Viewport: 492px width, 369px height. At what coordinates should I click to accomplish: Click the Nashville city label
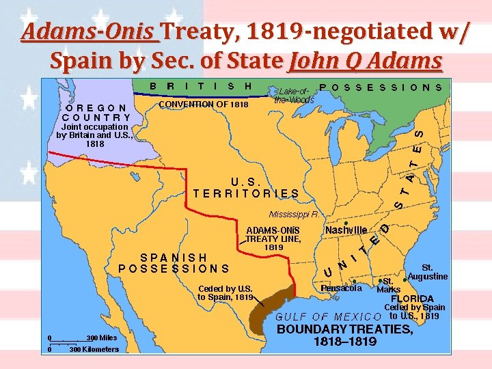pyautogui.click(x=346, y=230)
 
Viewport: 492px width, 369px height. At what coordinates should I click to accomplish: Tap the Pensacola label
pyautogui.click(x=341, y=288)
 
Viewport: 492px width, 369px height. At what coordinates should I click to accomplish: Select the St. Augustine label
pyautogui.click(x=427, y=272)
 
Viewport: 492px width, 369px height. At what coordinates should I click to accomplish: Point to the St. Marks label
pyautogui.click(x=389, y=285)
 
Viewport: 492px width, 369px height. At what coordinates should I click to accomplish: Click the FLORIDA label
pyautogui.click(x=412, y=299)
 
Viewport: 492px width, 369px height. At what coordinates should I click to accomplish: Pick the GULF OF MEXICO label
pyautogui.click(x=327, y=316)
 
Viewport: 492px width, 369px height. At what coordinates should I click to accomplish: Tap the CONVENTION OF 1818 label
pyautogui.click(x=203, y=105)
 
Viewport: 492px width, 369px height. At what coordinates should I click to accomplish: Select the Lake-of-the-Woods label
pyautogui.click(x=294, y=95)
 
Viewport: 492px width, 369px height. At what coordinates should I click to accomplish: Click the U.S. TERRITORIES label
pyautogui.click(x=246, y=188)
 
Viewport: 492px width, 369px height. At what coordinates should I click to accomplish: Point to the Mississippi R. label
pyautogui.click(x=295, y=214)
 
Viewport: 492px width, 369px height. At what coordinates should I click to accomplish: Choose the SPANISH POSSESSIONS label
pyautogui.click(x=174, y=263)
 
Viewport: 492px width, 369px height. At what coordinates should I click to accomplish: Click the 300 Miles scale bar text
pyautogui.click(x=93, y=338)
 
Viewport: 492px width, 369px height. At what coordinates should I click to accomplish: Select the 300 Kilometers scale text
pyautogui.click(x=94, y=349)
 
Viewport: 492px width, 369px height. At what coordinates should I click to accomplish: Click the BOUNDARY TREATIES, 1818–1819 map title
pyautogui.click(x=345, y=335)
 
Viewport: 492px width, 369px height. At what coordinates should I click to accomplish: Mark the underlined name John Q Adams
pyautogui.click(x=366, y=61)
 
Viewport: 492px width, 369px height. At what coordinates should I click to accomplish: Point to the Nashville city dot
pyautogui.click(x=346, y=223)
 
